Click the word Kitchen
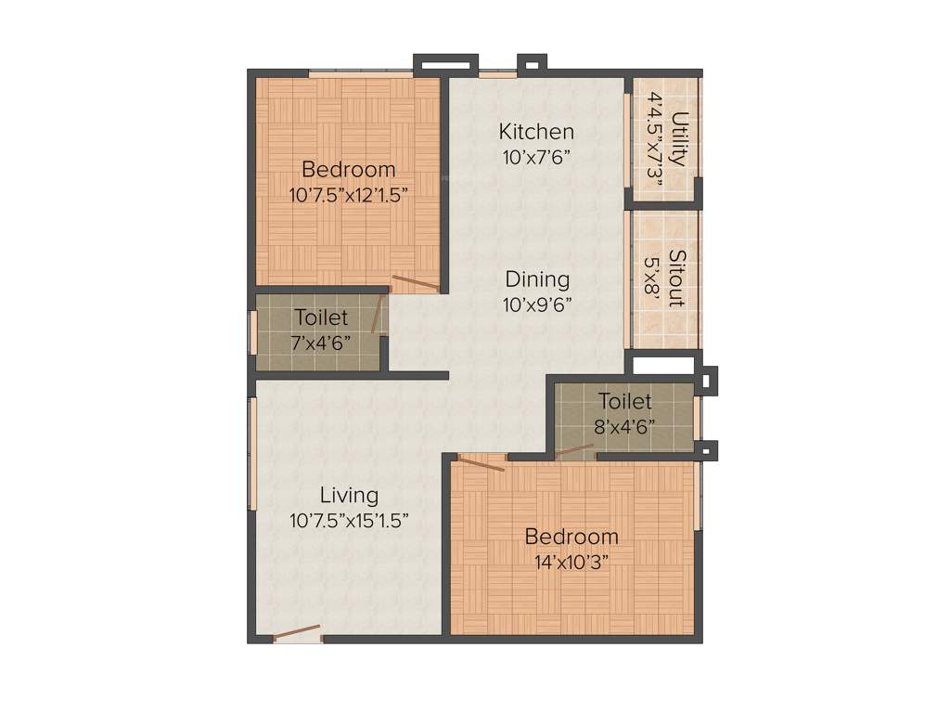pyautogui.click(x=536, y=132)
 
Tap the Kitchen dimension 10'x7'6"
pyautogui.click(x=536, y=157)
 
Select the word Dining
pyautogui.click(x=537, y=279)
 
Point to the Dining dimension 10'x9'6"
pyautogui.click(x=537, y=304)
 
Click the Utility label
pyautogui.click(x=680, y=139)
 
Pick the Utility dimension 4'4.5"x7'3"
pyautogui.click(x=656, y=139)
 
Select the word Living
pyautogui.click(x=349, y=495)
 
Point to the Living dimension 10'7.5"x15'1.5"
pyautogui.click(x=349, y=521)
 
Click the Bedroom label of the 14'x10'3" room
pyautogui.click(x=571, y=537)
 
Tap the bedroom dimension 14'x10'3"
pyautogui.click(x=571, y=562)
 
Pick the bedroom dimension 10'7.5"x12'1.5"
pyautogui.click(x=349, y=195)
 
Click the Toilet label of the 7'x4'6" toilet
pyautogui.click(x=321, y=318)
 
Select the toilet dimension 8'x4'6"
pyautogui.click(x=624, y=427)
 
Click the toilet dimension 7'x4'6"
pyautogui.click(x=321, y=343)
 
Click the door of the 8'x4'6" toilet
pyautogui.click(x=574, y=452)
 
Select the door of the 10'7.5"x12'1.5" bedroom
pyautogui.click(x=414, y=283)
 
